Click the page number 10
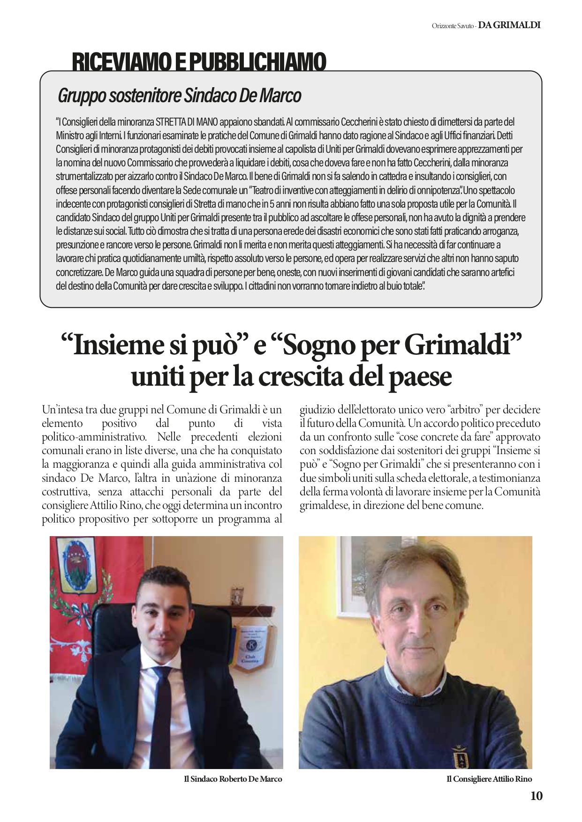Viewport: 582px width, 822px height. point(537,796)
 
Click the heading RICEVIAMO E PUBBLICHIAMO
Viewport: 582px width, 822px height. point(199,62)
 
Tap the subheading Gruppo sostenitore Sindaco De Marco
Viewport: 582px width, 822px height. point(179,96)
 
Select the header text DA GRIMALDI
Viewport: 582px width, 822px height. point(509,25)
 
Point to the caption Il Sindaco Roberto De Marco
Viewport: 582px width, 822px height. point(233,779)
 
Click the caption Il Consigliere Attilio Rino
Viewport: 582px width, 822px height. point(489,779)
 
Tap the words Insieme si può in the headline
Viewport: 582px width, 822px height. point(150,346)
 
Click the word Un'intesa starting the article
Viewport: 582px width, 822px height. point(62,410)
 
